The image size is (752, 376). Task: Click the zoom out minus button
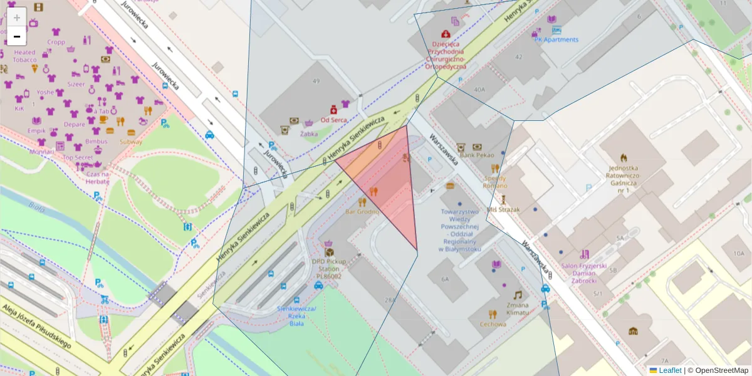pos(17,37)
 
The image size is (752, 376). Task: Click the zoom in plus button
pos(17,17)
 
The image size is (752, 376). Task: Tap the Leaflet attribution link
pos(669,370)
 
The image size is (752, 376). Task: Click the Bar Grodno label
pos(362,211)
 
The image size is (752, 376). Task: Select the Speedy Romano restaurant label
pos(494,182)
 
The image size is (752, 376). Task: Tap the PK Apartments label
pos(556,39)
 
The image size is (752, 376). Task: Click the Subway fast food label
pos(130,142)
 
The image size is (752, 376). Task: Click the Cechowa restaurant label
pos(493,324)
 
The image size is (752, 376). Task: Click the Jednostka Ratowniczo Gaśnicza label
pos(623,179)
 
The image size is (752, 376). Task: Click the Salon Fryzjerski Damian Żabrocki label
pos(584,274)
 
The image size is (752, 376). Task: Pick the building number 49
pos(315,81)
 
